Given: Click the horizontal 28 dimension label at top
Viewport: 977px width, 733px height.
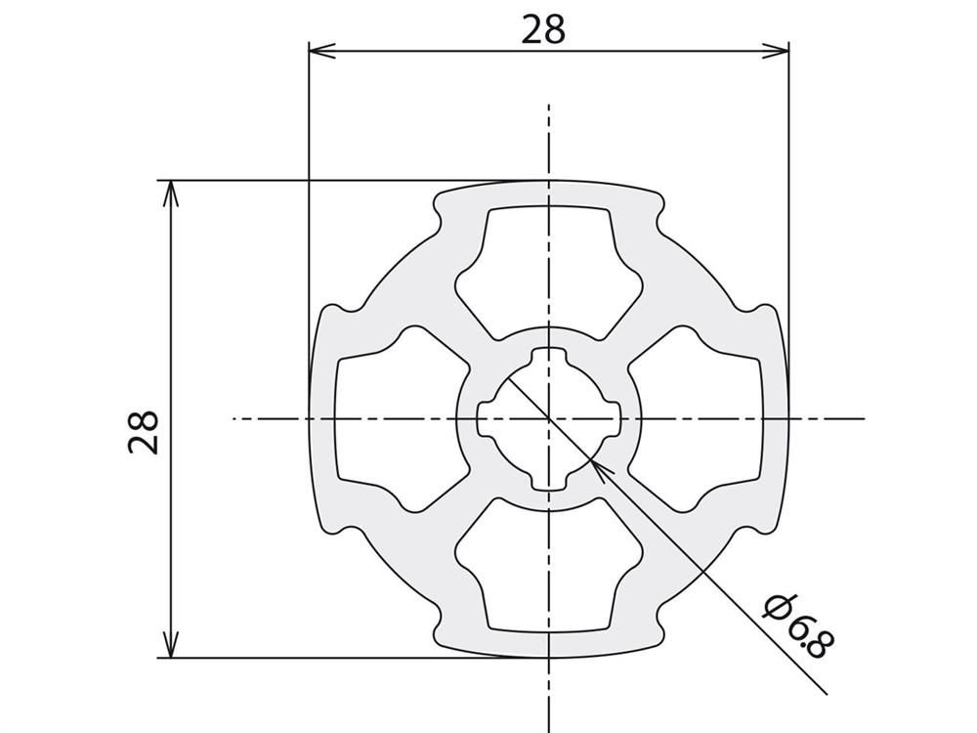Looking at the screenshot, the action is pos(543,29).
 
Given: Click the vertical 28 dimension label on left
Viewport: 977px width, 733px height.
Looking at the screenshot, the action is pos(144,432).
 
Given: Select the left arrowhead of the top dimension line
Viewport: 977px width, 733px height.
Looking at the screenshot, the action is pos(322,51).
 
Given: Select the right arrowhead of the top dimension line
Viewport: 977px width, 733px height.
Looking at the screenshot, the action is pos(776,51).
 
